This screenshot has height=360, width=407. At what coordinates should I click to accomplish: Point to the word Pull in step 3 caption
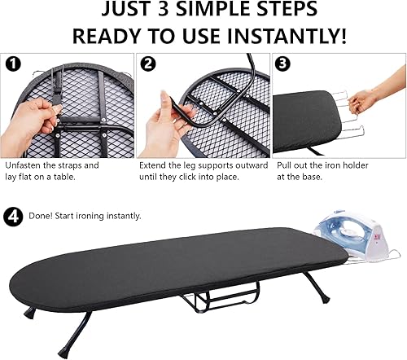point(285,165)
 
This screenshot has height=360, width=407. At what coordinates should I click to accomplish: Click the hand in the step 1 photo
point(33,122)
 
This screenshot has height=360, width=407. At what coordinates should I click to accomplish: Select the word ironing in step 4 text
point(106,216)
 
